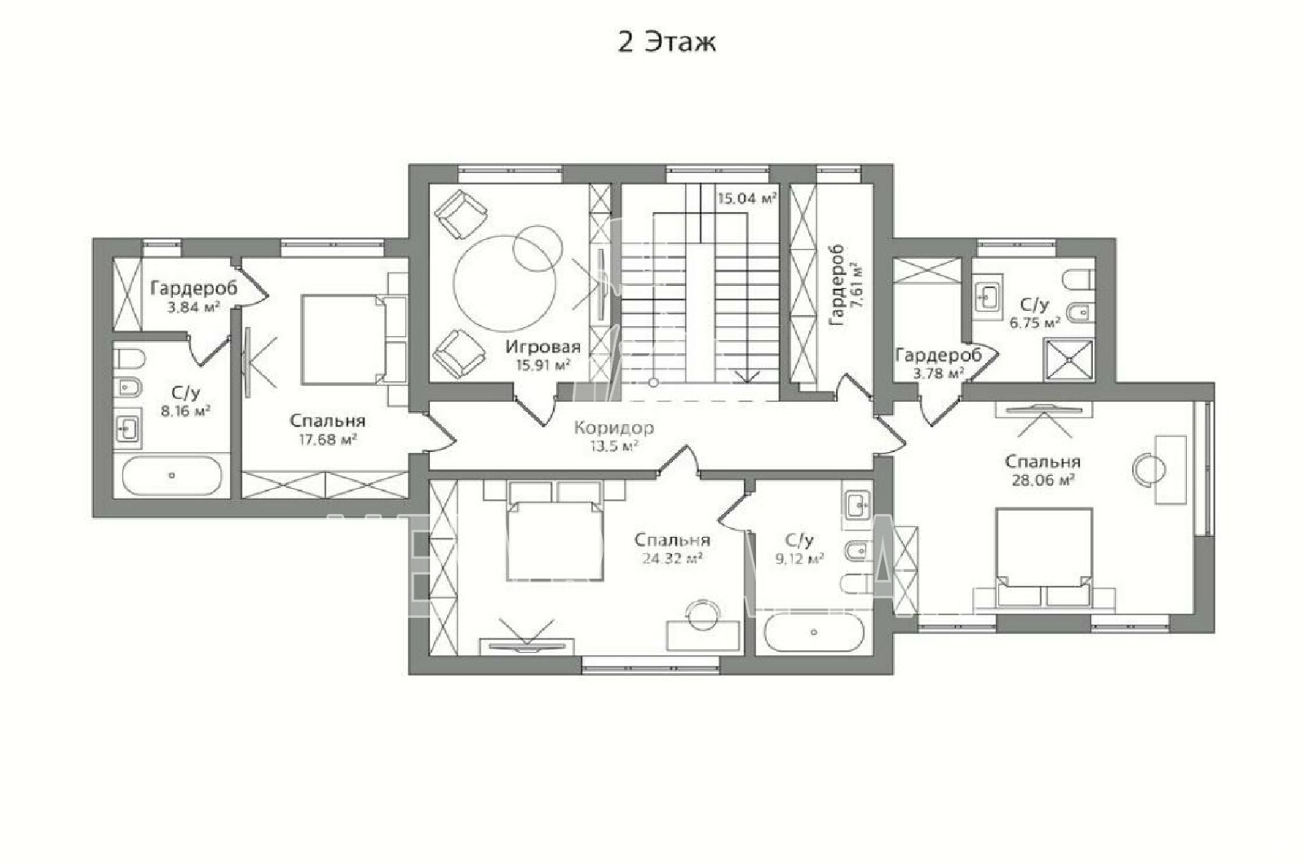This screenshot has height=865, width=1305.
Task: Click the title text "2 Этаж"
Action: tap(666, 42)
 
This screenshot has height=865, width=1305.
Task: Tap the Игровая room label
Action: tap(543, 347)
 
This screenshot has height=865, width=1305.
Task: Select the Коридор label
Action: tap(614, 428)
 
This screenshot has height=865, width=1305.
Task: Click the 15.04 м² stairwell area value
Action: tap(747, 199)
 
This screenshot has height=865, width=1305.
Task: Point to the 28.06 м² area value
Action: tap(1043, 480)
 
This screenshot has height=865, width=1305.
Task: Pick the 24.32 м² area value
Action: tap(672, 558)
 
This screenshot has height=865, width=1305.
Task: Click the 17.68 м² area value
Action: tap(327, 440)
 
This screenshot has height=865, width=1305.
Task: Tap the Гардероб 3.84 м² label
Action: tap(194, 297)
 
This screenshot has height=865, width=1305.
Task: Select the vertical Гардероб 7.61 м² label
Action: tap(845, 285)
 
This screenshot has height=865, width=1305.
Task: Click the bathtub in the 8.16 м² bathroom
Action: tap(172, 476)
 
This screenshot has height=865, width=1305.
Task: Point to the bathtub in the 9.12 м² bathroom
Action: tap(814, 632)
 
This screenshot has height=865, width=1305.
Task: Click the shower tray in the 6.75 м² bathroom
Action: tap(1069, 360)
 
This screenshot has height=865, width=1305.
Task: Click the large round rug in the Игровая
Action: tap(505, 283)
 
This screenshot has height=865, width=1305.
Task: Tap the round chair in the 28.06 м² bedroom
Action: tap(1149, 468)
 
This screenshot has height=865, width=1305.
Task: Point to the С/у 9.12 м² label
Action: tap(799, 550)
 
